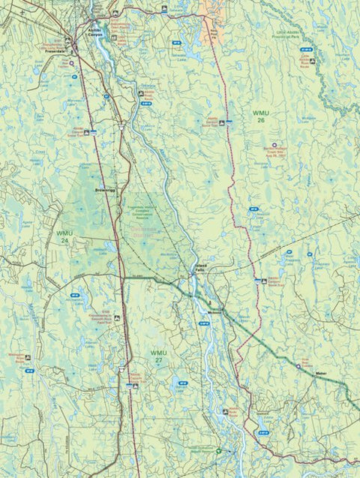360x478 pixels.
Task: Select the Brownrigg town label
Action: (104, 190)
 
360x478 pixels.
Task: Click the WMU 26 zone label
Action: (260, 117)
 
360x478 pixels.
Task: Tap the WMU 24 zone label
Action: (64, 236)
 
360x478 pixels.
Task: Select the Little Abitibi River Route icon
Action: (312, 61)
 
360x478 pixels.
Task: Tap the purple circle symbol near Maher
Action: (298, 367)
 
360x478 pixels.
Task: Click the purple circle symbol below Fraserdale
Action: (72, 64)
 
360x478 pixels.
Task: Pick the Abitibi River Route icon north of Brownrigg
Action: (88, 132)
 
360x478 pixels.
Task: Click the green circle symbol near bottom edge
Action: (218, 451)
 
